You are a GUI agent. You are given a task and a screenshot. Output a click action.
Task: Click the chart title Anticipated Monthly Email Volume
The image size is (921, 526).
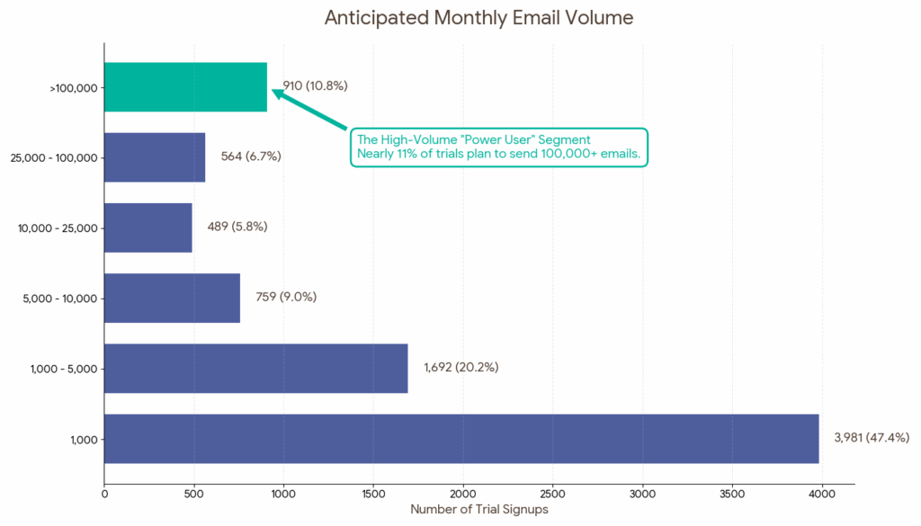coord(478,18)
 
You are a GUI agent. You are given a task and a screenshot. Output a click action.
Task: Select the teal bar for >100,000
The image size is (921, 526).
coord(185,87)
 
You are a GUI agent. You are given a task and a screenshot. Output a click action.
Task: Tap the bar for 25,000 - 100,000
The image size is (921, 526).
coord(155,157)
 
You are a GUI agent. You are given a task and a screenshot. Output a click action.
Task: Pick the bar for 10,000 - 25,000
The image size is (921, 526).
coord(148,227)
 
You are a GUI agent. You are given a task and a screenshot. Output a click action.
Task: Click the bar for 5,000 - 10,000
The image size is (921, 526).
coord(172,298)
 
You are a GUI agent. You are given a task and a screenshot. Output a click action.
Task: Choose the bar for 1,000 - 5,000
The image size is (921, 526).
coord(256,368)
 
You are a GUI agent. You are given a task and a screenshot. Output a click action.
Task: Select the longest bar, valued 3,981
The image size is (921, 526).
coord(461,439)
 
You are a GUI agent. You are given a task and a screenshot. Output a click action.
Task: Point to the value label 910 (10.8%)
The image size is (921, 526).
coord(315,86)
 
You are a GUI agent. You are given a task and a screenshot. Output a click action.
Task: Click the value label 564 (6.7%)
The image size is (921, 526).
coord(251,156)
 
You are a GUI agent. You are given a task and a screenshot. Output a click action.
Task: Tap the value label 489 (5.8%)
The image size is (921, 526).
coord(237,227)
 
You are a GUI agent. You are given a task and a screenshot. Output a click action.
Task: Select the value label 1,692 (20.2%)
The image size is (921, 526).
coord(460,367)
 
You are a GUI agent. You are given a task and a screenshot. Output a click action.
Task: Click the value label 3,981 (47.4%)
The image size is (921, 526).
coord(872,438)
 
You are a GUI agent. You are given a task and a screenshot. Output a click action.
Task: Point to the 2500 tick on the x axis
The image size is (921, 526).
coord(553,493)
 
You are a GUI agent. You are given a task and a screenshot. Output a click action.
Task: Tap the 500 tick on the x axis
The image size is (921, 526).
coord(194,493)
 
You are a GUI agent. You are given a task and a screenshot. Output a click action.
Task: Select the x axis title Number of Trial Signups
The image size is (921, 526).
coord(479,510)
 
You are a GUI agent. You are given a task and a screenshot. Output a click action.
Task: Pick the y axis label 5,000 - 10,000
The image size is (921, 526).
coord(58,299)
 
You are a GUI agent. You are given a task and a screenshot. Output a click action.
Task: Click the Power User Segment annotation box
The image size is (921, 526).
coord(498,147)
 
